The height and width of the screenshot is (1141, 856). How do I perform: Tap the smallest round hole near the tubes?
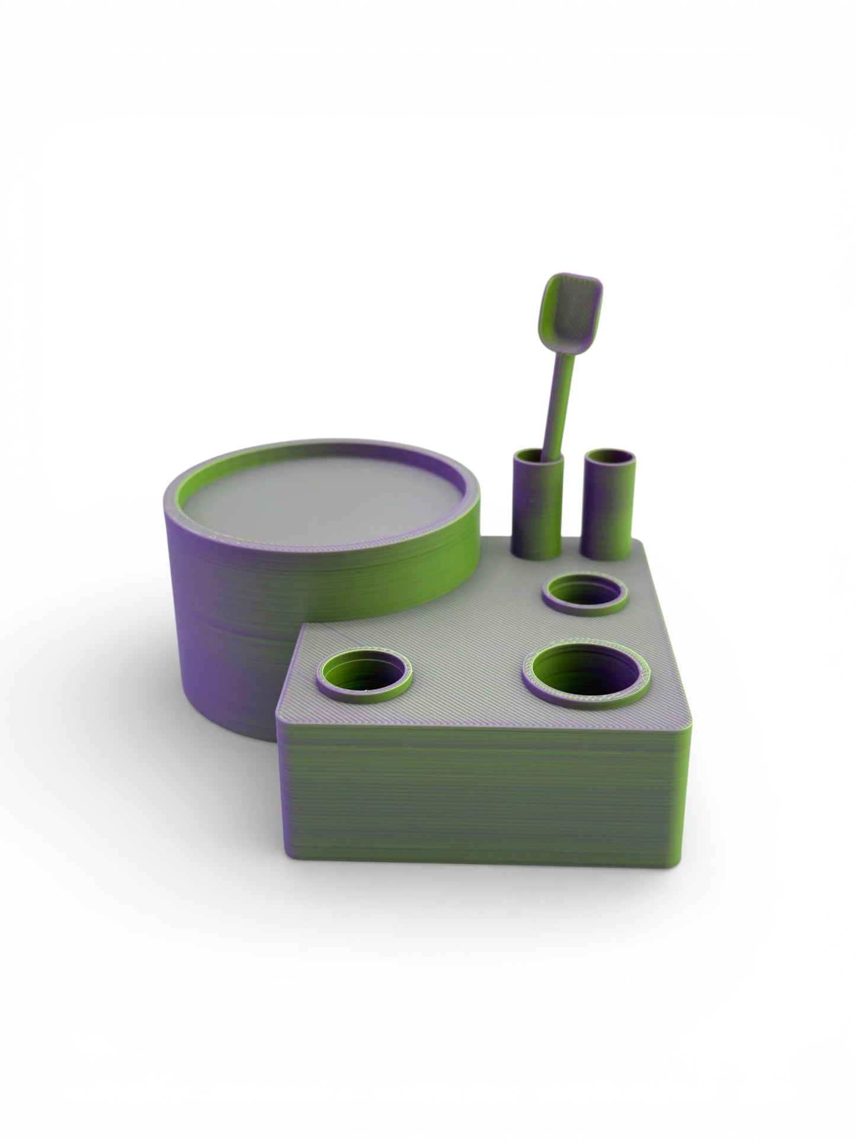click(585, 593)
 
